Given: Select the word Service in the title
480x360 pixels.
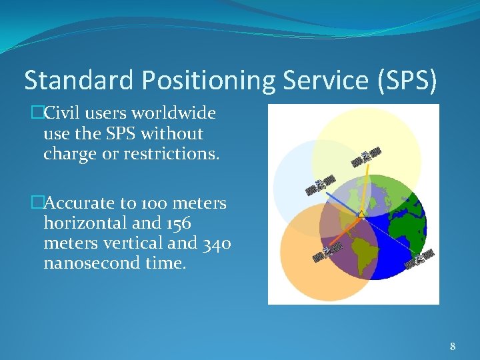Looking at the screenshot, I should (x=323, y=80).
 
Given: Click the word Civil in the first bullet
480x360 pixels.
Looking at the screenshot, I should (x=63, y=113).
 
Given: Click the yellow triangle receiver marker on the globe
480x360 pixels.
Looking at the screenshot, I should (x=361, y=214).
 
